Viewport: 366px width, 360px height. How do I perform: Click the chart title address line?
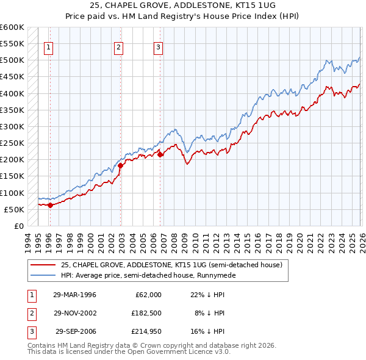click(x=183, y=5)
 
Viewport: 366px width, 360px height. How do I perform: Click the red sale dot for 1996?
click(x=51, y=205)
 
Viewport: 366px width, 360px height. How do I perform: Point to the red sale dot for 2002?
click(x=121, y=165)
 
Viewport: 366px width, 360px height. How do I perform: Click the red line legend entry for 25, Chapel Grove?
click(x=171, y=265)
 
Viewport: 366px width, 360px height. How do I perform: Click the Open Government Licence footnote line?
click(x=129, y=352)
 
